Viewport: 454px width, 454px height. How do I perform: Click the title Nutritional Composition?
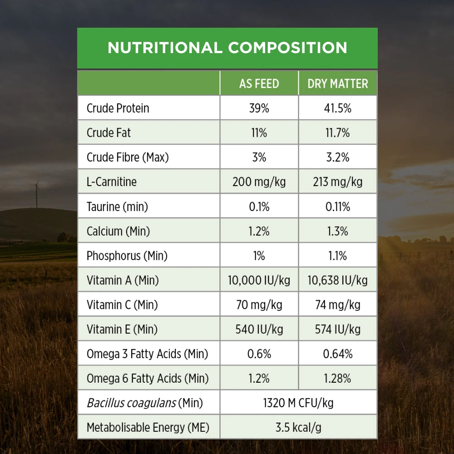(227, 48)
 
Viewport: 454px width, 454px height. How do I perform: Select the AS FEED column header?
(259, 84)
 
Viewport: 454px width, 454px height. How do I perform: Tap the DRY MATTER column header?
(338, 84)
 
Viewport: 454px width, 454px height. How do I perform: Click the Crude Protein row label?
(118, 109)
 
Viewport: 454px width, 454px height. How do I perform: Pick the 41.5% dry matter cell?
(338, 109)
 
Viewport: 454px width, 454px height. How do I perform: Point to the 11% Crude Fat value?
(259, 133)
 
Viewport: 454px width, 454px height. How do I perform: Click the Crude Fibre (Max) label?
(128, 158)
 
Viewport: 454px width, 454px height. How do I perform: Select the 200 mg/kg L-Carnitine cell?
(259, 182)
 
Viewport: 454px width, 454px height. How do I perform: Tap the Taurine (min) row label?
(117, 207)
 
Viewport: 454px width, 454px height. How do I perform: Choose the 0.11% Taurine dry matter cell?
(338, 207)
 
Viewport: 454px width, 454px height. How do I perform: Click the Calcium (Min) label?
(118, 231)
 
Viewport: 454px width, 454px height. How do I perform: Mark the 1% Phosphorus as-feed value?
(259, 256)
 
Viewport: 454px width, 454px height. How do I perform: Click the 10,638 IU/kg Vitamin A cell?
(338, 280)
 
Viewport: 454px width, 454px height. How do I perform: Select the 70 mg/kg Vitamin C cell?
(259, 305)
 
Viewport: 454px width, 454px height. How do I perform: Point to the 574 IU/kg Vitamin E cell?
(338, 329)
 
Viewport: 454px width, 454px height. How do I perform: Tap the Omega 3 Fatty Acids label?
(147, 354)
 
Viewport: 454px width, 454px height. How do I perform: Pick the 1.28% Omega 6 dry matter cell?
(338, 378)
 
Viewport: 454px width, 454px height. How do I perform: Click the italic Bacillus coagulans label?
(131, 403)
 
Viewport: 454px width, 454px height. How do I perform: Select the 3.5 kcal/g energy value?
(298, 427)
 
